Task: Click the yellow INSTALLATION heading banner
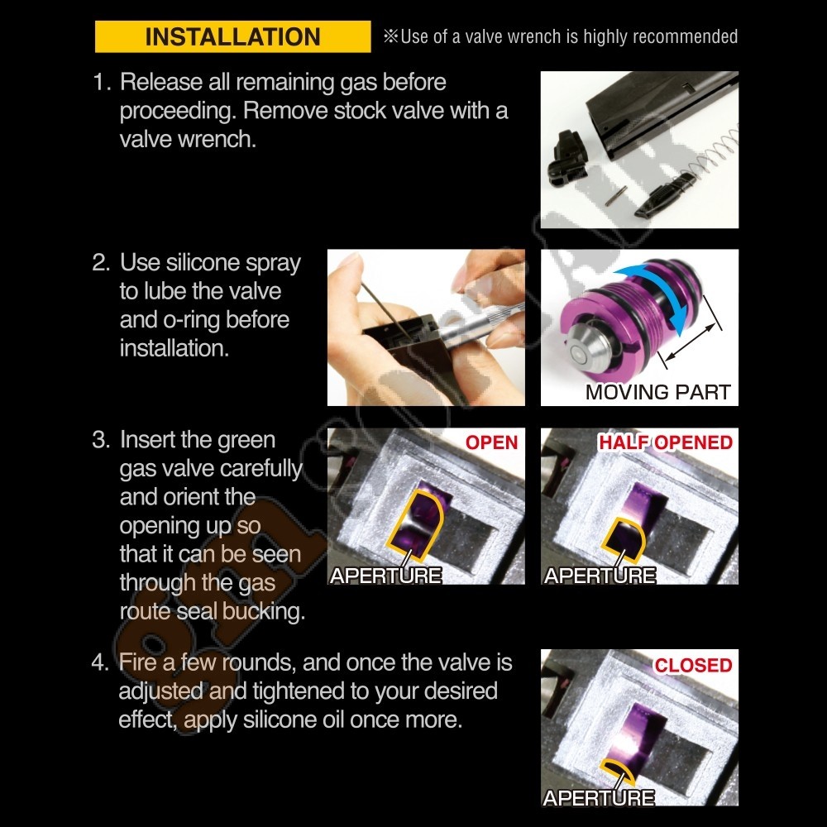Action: click(x=232, y=36)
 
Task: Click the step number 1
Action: click(x=101, y=82)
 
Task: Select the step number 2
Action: click(x=101, y=262)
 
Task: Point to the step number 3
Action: click(x=101, y=439)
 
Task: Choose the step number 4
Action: click(x=100, y=662)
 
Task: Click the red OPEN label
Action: click(x=491, y=442)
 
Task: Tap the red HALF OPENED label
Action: click(x=665, y=442)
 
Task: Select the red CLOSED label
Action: click(x=693, y=665)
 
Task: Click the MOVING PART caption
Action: click(x=657, y=392)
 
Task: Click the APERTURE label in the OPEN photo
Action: click(x=385, y=575)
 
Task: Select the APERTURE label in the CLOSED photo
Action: click(x=599, y=797)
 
